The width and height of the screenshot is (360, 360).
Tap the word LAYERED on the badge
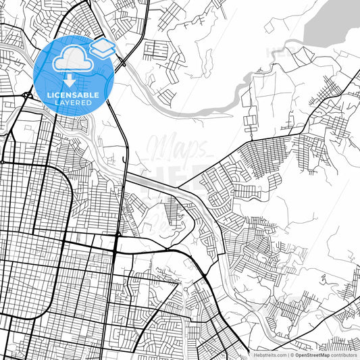click(74, 102)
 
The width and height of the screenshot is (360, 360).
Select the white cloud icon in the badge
click(70, 60)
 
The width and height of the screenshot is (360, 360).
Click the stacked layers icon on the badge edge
click(102, 48)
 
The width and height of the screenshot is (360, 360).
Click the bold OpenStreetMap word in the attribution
click(313, 354)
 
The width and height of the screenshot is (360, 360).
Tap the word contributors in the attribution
click(344, 354)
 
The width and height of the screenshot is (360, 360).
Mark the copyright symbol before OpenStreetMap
click(292, 354)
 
